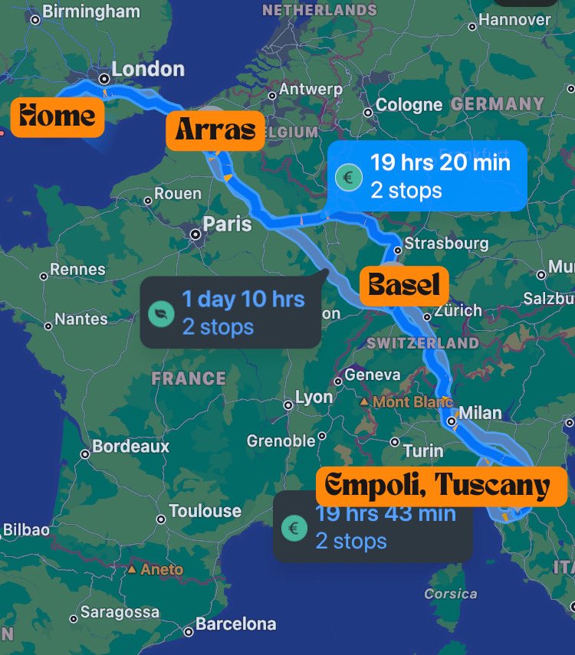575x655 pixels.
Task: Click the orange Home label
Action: (58, 116)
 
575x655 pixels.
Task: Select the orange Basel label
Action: (404, 285)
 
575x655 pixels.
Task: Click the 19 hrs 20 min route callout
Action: (427, 175)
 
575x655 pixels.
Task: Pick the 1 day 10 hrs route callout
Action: (230, 313)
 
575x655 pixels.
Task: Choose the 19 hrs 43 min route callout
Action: (373, 528)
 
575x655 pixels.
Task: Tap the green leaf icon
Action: (161, 313)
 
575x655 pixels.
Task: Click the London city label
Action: (147, 70)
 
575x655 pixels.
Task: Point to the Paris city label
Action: (226, 224)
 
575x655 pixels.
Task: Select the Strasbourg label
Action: (445, 244)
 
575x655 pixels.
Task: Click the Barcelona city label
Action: (235, 624)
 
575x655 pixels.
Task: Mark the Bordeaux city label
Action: (130, 446)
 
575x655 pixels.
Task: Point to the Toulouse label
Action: (204, 511)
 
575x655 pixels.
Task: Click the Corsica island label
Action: (450, 594)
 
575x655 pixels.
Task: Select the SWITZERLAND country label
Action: (422, 343)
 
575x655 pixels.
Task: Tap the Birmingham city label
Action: (90, 11)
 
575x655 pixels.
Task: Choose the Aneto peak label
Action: (162, 569)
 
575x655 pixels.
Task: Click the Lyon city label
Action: (314, 398)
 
